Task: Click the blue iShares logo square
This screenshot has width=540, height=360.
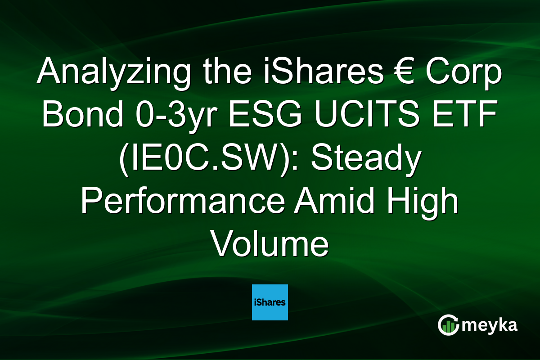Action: (270, 302)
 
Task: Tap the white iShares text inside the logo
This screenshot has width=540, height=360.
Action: (270, 302)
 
